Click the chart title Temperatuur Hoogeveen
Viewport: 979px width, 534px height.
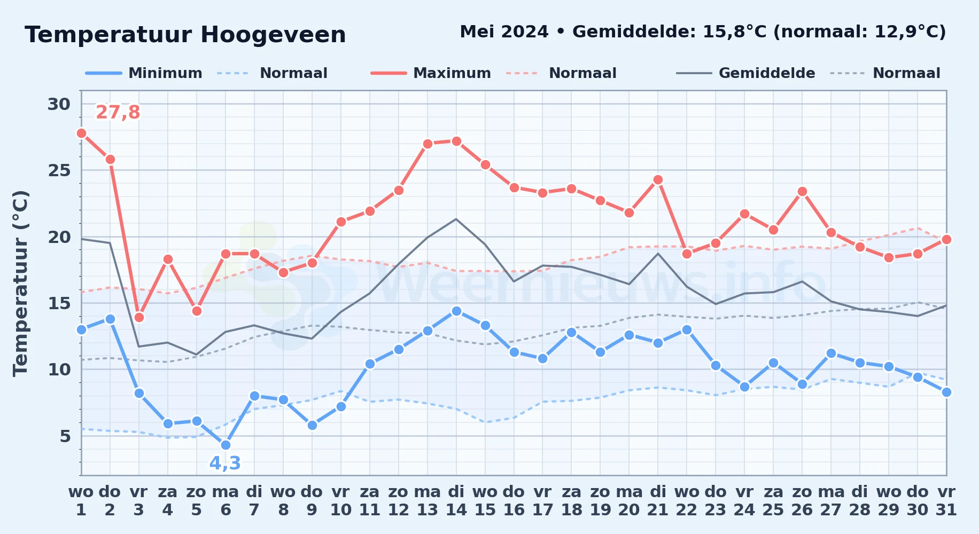click(x=185, y=35)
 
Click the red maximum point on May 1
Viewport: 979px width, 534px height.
click(x=81, y=133)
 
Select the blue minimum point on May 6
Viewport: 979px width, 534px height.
click(x=226, y=445)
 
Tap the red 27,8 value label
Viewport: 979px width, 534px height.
click(x=118, y=113)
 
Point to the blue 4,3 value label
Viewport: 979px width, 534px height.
click(x=225, y=463)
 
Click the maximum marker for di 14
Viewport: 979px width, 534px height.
click(x=456, y=141)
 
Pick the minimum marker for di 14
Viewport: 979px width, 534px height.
click(x=456, y=311)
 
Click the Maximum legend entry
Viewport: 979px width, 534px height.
click(x=431, y=73)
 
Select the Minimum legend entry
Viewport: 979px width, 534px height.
click(x=144, y=73)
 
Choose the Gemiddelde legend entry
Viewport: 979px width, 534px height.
click(x=746, y=73)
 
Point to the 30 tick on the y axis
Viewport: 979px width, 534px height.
click(x=59, y=104)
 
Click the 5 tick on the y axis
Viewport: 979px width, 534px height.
click(x=65, y=436)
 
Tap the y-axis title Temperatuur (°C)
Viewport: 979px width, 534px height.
click(x=21, y=283)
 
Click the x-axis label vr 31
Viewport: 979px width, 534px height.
click(x=946, y=501)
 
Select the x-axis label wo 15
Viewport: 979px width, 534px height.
click(x=485, y=501)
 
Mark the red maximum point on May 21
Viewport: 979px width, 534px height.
click(x=658, y=180)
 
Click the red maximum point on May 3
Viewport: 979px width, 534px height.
click(x=139, y=317)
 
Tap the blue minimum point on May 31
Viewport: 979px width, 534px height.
click(x=946, y=392)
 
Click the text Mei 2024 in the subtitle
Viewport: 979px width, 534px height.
click(x=504, y=32)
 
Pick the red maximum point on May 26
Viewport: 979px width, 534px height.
click(x=802, y=192)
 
